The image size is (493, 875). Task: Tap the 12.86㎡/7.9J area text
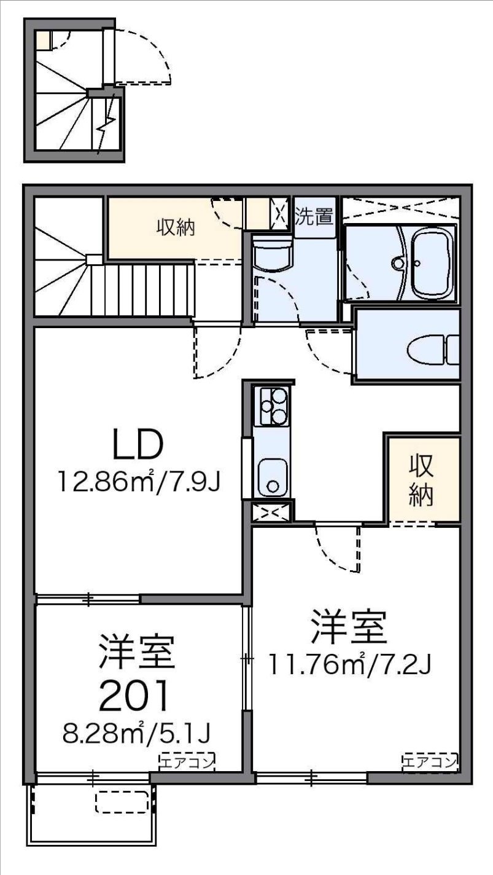click(x=139, y=480)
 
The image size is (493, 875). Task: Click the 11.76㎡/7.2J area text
click(x=352, y=663)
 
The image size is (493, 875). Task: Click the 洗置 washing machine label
click(x=314, y=216)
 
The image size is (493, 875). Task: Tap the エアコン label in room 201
click(x=187, y=762)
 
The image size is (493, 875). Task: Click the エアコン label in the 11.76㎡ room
click(x=430, y=762)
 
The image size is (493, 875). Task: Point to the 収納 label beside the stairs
click(x=175, y=229)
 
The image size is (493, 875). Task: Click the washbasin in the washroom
click(x=273, y=254)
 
